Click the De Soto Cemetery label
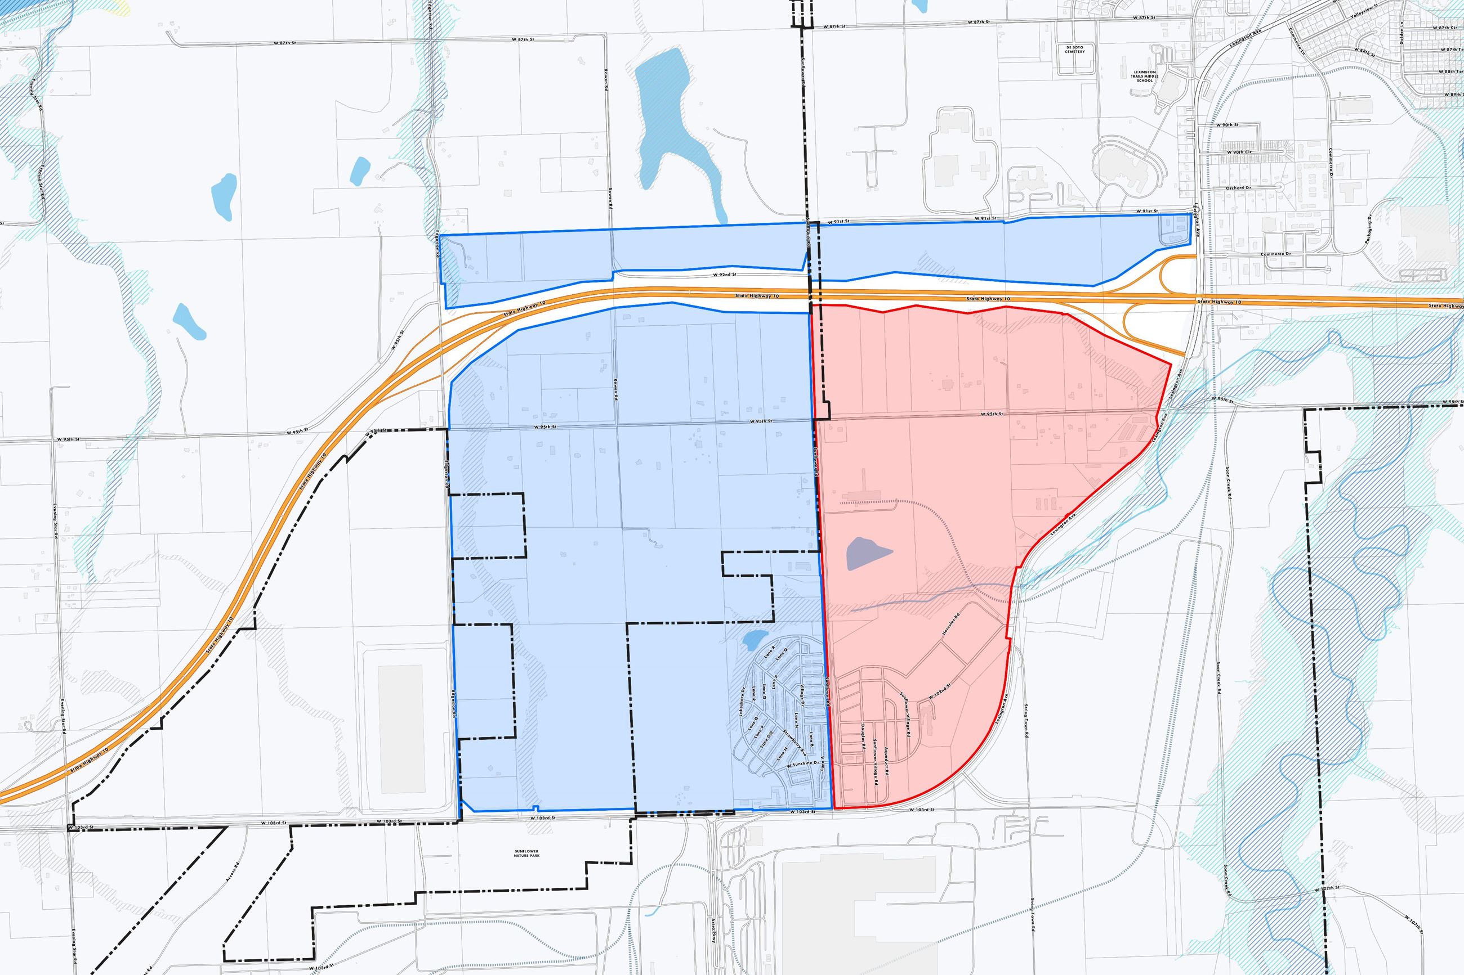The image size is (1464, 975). tap(1074, 48)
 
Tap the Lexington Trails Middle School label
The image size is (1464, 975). tap(1144, 77)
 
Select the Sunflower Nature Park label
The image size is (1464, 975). tap(522, 853)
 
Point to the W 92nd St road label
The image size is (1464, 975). tap(724, 274)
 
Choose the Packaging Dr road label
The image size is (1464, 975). tap(1365, 231)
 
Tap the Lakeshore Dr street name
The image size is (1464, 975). tap(742, 702)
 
